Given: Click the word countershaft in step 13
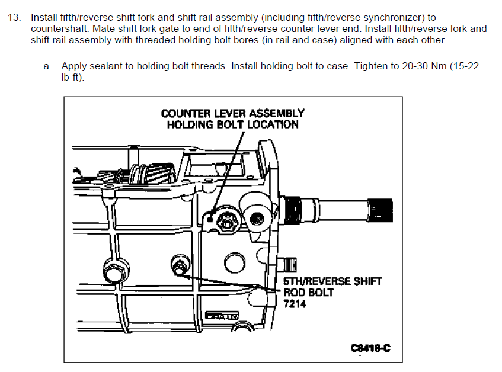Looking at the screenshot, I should pos(57,28).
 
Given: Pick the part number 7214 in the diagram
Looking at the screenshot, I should pos(295,304).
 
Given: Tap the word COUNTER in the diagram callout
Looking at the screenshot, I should pos(184,113).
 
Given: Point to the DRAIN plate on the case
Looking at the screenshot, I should pos(222,316).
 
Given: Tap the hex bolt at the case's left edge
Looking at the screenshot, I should pos(112,272).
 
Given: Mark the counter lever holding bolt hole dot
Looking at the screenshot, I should pos(210,220).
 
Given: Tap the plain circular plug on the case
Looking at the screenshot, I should pos(230,262).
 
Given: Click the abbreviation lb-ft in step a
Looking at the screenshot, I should pos(72,78).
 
